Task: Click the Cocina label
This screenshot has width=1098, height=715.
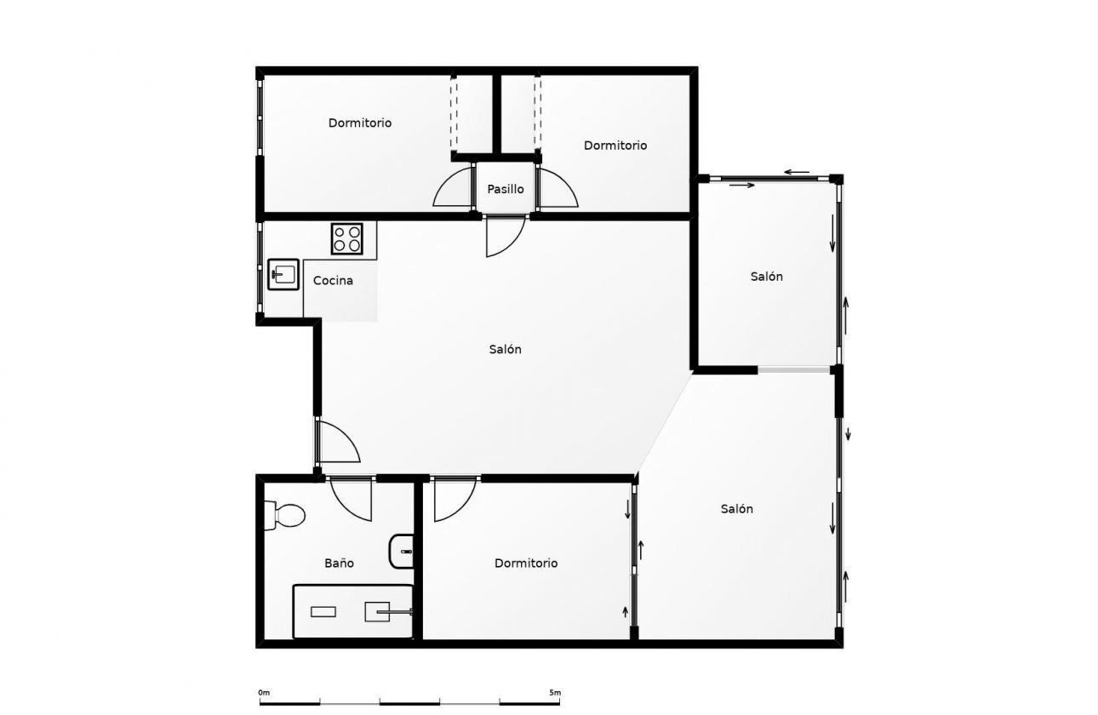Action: coord(333,280)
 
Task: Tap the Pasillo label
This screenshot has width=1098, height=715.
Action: coord(506,189)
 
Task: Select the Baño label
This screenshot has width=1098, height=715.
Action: coord(339,563)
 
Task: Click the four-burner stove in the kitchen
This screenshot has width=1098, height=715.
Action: coord(347,238)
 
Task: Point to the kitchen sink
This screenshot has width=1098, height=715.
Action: coord(283,274)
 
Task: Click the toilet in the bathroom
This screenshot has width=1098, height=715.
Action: coord(284,515)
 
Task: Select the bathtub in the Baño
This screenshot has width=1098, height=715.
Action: coord(352,611)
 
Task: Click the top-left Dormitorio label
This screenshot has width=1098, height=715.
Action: coord(360,123)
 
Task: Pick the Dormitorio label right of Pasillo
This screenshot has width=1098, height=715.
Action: coord(615,146)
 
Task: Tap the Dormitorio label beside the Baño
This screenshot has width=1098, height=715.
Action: coord(526,563)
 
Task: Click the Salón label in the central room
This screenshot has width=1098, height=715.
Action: coord(506,349)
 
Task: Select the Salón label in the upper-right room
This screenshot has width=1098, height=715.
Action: coord(767,276)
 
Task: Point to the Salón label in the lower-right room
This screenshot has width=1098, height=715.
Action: coord(737,508)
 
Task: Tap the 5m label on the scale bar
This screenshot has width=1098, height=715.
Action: coord(555,692)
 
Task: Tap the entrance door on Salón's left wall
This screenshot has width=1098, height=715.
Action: coord(337,441)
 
